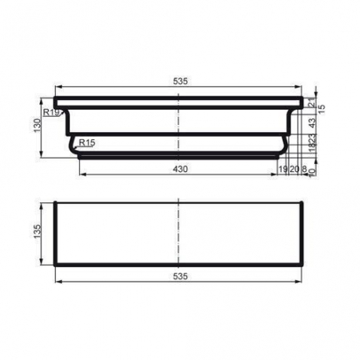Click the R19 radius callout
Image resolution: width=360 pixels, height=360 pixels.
51,114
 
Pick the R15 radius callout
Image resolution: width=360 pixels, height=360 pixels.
87,142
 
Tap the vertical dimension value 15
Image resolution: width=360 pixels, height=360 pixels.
322,108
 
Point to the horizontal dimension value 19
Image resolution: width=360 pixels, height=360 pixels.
283,170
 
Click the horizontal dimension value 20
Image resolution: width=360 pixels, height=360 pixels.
294,170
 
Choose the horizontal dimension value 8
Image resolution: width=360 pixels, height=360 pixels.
305,170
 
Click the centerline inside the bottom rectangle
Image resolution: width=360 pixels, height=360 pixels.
178,232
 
